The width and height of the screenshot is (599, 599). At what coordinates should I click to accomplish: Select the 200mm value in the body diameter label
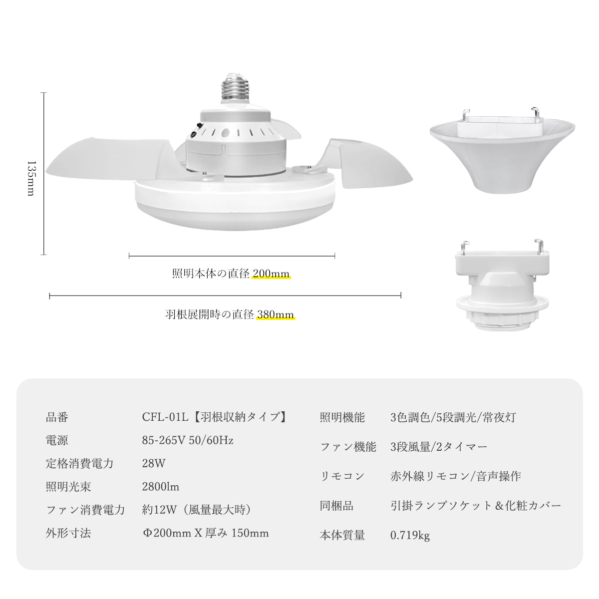pyautogui.click(x=271, y=274)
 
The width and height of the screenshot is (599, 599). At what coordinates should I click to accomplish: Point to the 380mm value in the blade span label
pyautogui.click(x=276, y=314)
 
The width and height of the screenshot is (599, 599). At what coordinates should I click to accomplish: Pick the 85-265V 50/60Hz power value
pyautogui.click(x=188, y=440)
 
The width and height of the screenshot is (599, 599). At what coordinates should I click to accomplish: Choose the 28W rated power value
pyautogui.click(x=153, y=463)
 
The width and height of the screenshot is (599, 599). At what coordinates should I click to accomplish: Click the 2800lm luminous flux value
pyautogui.click(x=161, y=486)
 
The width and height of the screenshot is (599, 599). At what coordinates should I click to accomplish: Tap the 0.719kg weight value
pyautogui.click(x=410, y=536)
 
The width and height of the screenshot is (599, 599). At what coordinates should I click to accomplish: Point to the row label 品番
pyautogui.click(x=57, y=417)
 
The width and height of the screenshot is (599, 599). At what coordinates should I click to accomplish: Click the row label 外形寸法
pyautogui.click(x=68, y=533)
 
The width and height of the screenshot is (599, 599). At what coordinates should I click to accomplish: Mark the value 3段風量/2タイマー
pyautogui.click(x=439, y=447)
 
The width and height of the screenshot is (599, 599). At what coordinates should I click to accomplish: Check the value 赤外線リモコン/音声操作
pyautogui.click(x=456, y=476)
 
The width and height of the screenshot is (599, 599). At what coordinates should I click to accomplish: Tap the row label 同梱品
pyautogui.click(x=336, y=506)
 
